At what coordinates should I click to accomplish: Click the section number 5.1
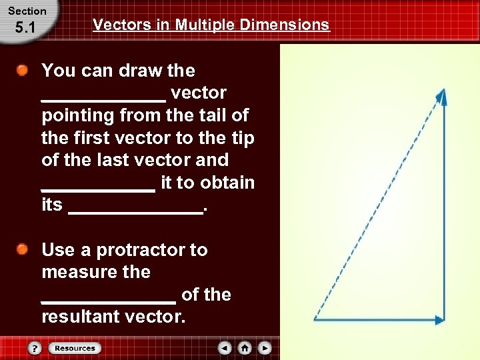pos(25,29)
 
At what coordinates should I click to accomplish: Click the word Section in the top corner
pos(27,11)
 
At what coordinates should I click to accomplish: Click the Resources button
pos(75,348)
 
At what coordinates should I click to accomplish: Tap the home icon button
pos(245,348)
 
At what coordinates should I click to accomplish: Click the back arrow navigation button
pos(225,348)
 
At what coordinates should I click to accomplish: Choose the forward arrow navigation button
pos(265,348)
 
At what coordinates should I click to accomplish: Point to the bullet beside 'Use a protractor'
pos(23,250)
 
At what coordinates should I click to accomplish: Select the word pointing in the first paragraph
pos(78,115)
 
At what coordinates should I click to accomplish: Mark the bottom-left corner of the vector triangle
pos(315,319)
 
